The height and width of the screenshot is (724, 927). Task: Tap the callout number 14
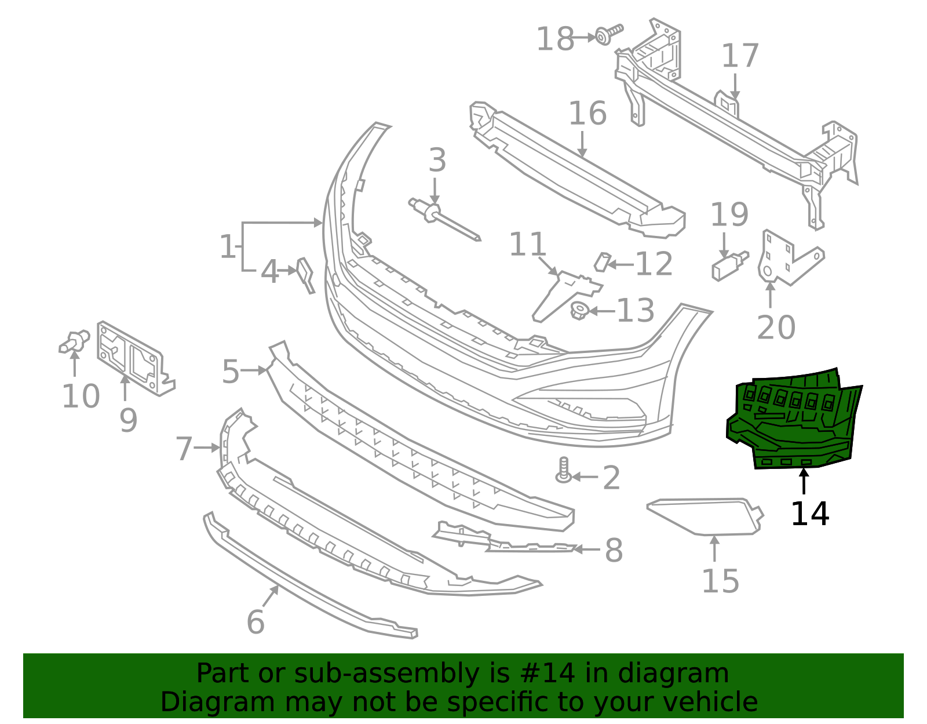pos(809,514)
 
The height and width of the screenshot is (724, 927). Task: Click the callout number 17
pos(740,56)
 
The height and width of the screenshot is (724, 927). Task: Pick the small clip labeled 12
pos(602,261)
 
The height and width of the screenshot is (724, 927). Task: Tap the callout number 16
pos(587,113)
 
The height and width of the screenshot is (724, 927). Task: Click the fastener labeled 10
pos(74,341)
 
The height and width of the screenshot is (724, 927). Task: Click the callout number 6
pos(256,623)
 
